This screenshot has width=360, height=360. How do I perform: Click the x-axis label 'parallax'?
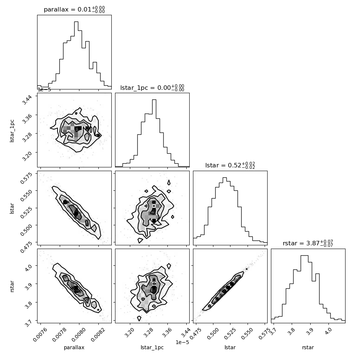[x=74, y=347]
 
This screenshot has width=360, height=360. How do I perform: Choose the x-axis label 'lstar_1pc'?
[x=152, y=347]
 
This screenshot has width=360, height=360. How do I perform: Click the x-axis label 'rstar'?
[x=308, y=347]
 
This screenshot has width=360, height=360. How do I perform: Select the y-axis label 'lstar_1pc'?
[x=12, y=131]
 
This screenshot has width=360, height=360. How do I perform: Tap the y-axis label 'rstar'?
[x=12, y=286]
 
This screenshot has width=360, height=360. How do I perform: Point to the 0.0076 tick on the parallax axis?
[x=40, y=334]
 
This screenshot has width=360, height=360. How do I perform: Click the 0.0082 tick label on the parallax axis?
[x=98, y=334]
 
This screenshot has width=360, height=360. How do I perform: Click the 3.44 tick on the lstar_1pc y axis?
[x=28, y=99]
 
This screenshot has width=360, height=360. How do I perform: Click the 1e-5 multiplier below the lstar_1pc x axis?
[x=182, y=342]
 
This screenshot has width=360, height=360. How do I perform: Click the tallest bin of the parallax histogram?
[x=76, y=55]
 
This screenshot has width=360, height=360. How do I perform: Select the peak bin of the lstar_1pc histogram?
[x=154, y=133]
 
